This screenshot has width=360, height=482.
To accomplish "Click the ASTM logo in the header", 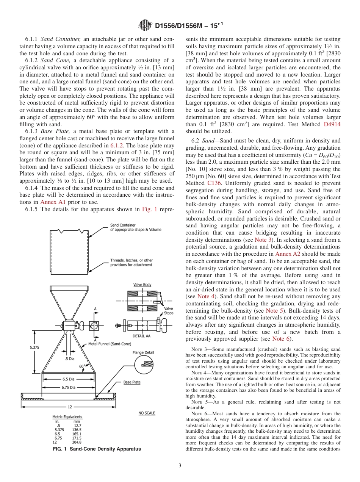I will (146, 26).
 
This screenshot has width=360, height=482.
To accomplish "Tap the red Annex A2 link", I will (288, 254).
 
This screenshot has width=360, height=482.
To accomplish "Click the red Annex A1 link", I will (53, 202).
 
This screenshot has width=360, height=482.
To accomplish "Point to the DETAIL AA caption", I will (142, 336).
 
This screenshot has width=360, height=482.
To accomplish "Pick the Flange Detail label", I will (143, 352).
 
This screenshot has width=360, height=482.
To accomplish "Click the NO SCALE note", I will (147, 413).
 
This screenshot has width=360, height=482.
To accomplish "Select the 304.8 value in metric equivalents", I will (77, 442).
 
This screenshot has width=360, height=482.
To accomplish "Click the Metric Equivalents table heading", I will (67, 417).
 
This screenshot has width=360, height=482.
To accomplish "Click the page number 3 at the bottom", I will (180, 465).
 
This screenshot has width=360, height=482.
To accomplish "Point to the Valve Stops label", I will (168, 311).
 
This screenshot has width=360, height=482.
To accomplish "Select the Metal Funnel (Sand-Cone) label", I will (110, 344).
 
